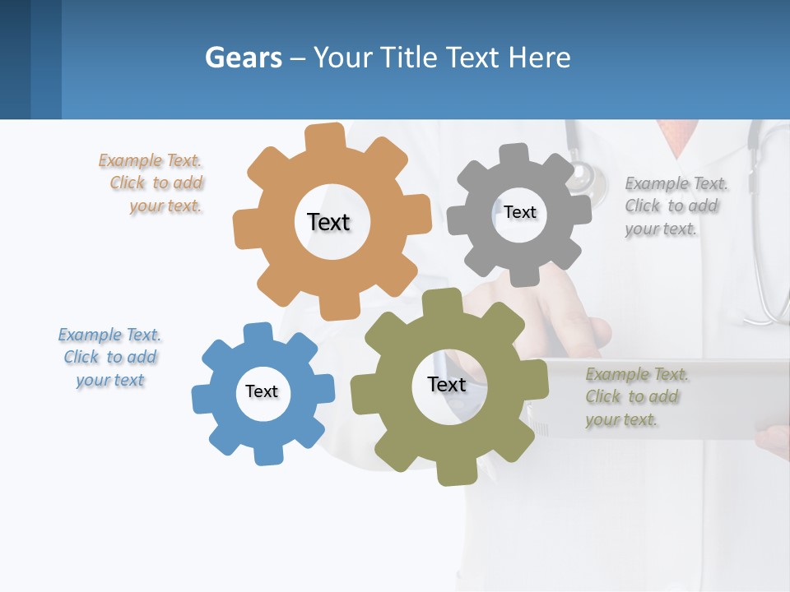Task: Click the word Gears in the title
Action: pyautogui.click(x=243, y=58)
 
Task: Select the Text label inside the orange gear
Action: pyautogui.click(x=328, y=222)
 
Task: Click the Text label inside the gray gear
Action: pyautogui.click(x=519, y=212)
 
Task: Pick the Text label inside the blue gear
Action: pyautogui.click(x=262, y=391)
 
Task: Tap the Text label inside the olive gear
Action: pyautogui.click(x=447, y=384)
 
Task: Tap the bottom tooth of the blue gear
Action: pyautogui.click(x=267, y=454)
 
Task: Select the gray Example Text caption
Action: pyautogui.click(x=675, y=206)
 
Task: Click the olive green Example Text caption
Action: pyautogui.click(x=635, y=396)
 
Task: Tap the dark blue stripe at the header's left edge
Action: pyautogui.click(x=15, y=59)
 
